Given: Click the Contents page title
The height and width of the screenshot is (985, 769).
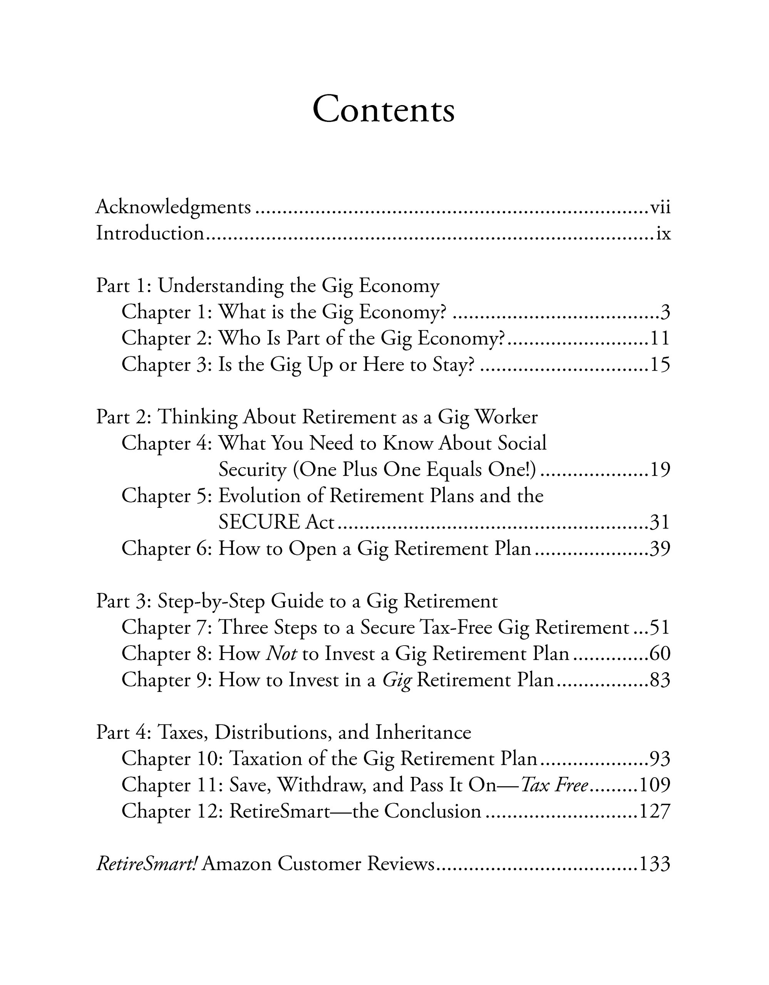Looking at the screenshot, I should point(384,110).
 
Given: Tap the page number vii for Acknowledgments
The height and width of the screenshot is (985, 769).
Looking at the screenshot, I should point(660,208).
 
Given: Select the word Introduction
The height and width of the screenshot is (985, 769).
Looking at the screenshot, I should point(150,234).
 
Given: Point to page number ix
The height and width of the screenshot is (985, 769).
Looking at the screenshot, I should point(663,234).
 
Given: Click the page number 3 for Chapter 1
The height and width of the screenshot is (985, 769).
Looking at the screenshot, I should point(665,312).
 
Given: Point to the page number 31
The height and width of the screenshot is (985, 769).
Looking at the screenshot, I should point(660,522).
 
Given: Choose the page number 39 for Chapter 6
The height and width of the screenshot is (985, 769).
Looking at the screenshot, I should point(660,548).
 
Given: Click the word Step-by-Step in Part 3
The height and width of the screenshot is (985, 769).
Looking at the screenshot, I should point(211,601).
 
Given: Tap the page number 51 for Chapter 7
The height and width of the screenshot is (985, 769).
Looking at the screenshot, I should point(660,627).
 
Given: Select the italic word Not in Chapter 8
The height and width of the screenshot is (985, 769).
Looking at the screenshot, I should point(281,653).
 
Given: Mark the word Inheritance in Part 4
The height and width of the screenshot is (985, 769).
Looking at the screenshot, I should point(423,733).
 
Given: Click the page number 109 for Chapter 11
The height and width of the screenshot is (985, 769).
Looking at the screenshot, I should point(654,785).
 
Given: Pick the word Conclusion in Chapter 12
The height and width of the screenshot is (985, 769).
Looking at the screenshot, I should point(433,811).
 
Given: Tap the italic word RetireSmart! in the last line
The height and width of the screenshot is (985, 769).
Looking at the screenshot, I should point(147,864).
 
